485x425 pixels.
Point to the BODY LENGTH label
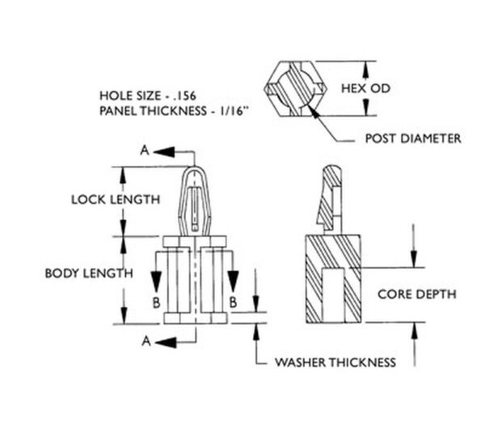(88, 273)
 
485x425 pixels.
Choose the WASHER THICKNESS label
(335, 362)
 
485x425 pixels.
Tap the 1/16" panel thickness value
(230, 109)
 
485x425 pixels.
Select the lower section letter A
(146, 342)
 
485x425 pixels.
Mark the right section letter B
(232, 301)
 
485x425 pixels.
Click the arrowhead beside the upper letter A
(162, 151)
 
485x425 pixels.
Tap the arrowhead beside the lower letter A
(163, 342)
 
